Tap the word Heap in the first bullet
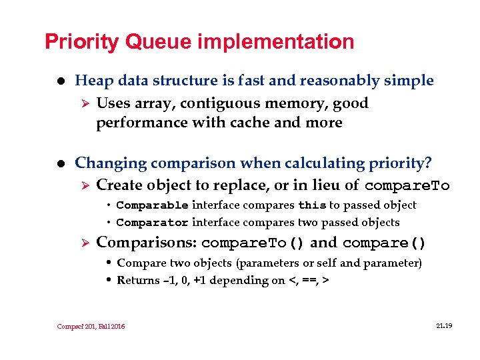(x=92, y=81)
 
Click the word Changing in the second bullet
(x=110, y=163)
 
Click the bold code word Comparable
(x=152, y=205)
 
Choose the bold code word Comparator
(x=152, y=223)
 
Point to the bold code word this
(x=311, y=205)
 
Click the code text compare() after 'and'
(x=384, y=243)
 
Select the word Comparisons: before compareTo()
(x=147, y=242)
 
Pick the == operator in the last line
(x=307, y=281)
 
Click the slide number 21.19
(x=443, y=326)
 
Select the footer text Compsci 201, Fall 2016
(x=90, y=327)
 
